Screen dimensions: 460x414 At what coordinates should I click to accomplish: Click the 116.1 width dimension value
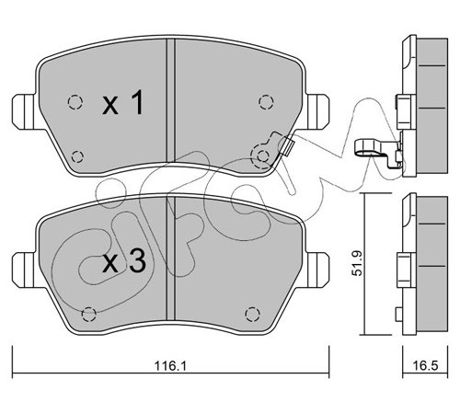170,366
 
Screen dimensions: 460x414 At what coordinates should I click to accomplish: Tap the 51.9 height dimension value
357,263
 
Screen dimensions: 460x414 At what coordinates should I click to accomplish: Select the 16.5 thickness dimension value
425,365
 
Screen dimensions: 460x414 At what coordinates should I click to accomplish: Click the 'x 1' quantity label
123,103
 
